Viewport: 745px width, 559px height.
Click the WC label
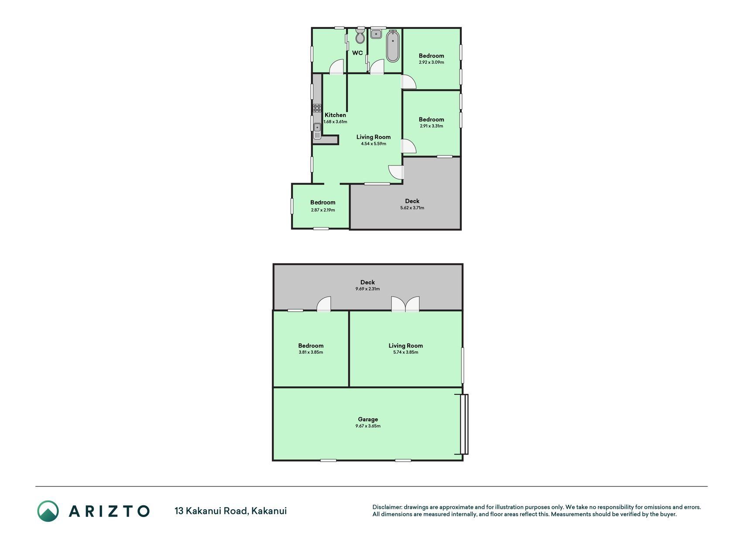(x=357, y=53)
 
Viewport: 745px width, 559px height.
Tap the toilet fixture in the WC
(x=360, y=36)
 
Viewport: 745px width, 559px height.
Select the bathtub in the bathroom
(x=393, y=46)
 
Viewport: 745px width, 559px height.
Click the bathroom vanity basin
(x=376, y=34)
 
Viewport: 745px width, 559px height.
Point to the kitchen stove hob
(x=317, y=108)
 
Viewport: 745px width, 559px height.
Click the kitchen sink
(x=317, y=131)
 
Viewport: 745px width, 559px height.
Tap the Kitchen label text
(x=335, y=115)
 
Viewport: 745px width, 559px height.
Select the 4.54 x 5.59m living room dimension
(x=374, y=144)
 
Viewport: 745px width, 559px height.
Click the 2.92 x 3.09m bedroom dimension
(x=432, y=62)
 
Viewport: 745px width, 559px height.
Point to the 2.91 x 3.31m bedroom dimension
(x=432, y=126)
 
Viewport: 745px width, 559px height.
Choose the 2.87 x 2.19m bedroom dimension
(x=323, y=210)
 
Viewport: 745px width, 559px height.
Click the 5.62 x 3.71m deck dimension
(x=412, y=208)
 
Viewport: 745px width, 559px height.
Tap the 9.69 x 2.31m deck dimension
(x=368, y=289)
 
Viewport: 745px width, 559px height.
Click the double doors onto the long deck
(x=405, y=304)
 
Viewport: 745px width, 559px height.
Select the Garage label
(x=368, y=419)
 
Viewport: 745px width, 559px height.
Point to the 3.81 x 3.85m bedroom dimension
(x=311, y=352)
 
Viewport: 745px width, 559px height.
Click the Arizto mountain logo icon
(x=48, y=511)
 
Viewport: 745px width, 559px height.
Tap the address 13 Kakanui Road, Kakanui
(x=231, y=511)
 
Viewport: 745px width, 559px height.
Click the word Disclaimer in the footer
(x=387, y=507)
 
